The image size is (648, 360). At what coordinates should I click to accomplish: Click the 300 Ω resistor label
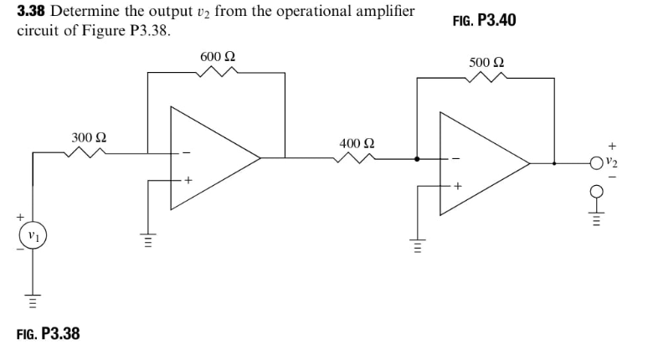(89, 136)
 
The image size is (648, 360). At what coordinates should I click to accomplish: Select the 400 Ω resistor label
(357, 143)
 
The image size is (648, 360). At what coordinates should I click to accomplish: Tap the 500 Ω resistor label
(486, 64)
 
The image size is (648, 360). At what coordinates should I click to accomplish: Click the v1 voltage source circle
(33, 237)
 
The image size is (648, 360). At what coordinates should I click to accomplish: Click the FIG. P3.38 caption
(49, 333)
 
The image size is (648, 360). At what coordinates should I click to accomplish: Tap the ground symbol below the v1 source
(33, 297)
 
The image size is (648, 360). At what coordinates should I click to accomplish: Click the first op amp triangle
(209, 157)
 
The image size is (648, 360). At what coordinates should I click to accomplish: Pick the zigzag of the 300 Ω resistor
(87, 152)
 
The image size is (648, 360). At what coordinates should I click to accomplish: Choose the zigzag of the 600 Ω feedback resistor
(218, 73)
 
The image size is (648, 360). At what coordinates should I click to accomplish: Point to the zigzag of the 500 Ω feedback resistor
(486, 78)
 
